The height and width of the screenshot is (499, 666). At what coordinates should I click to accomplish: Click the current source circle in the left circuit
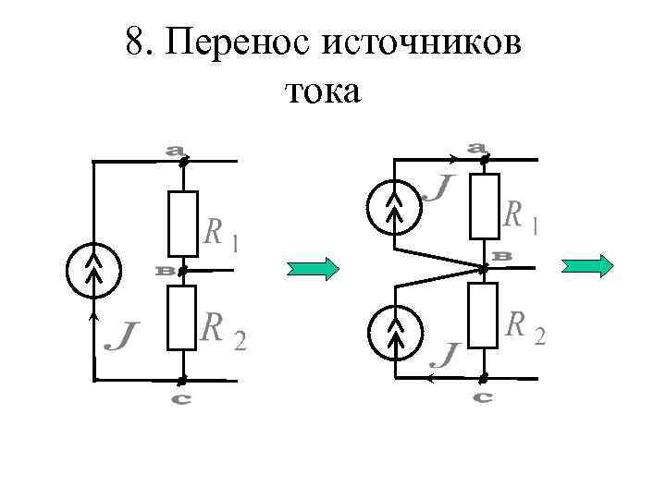coord(92,271)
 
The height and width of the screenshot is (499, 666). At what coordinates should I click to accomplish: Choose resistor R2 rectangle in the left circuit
coord(182,318)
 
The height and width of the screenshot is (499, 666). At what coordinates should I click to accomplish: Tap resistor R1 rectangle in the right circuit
coord(484,205)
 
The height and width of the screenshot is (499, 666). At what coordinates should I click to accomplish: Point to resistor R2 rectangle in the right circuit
coord(484,316)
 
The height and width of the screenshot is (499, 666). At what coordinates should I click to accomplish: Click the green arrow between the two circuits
coord(313,268)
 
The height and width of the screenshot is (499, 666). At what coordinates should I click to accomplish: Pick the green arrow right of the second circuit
coord(588,266)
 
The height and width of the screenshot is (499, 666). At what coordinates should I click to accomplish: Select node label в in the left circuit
coord(166,272)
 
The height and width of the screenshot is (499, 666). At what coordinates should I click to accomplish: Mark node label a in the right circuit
coord(477,146)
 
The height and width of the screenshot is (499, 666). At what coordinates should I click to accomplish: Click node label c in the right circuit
coord(482,396)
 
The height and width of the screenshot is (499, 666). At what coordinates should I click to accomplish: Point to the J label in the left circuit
coord(119,335)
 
